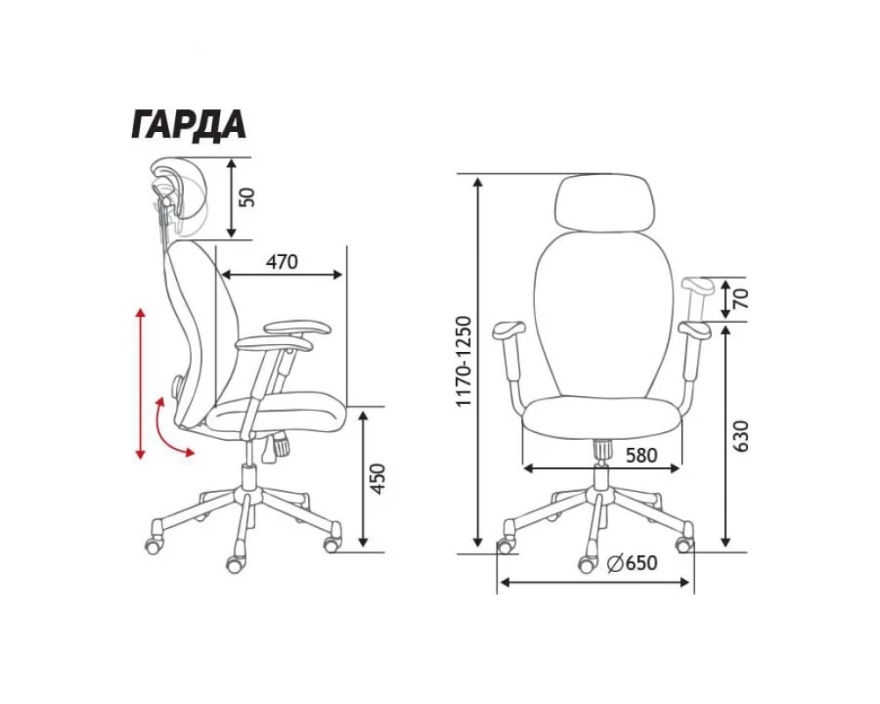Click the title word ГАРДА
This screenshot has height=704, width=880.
[188, 125]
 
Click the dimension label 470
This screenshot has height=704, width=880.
[282, 262]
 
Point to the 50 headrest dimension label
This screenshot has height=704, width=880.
[247, 197]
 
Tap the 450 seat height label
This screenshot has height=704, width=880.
[378, 479]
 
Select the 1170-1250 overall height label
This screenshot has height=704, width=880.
[466, 362]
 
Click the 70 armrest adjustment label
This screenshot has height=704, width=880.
[742, 299]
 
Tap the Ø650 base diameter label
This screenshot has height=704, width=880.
[632, 562]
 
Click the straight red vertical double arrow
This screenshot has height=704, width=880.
[140, 383]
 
